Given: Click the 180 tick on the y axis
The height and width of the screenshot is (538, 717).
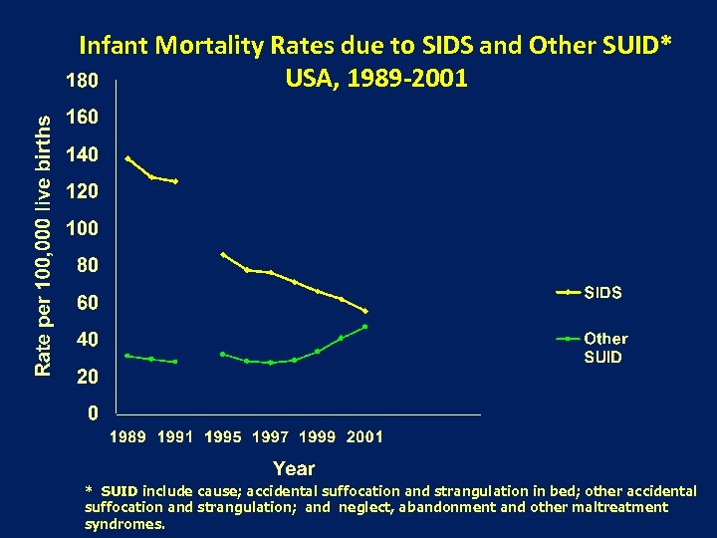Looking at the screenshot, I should (x=82, y=79).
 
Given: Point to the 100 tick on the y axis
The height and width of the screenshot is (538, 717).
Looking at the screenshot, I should (x=82, y=228).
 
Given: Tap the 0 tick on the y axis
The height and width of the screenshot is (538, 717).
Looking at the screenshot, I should (x=92, y=411).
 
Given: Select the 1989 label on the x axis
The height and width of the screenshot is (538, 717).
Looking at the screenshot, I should (x=127, y=436).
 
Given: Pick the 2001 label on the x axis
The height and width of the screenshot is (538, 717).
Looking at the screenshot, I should (x=363, y=436).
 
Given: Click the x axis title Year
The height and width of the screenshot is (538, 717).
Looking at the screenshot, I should (x=294, y=468).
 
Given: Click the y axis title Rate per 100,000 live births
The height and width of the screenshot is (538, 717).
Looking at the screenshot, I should (x=43, y=244).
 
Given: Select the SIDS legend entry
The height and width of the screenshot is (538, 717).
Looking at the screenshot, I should (x=601, y=293).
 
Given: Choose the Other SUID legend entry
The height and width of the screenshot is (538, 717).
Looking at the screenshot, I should (x=604, y=348).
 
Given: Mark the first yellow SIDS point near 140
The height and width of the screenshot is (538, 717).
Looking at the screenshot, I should (x=127, y=158).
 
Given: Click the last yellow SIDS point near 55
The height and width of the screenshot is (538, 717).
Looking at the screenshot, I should (x=365, y=311).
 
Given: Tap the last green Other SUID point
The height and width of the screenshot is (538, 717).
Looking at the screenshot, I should (x=365, y=327).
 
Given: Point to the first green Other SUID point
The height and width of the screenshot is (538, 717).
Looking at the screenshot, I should (x=127, y=356).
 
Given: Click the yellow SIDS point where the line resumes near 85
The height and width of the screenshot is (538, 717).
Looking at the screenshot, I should (x=223, y=254).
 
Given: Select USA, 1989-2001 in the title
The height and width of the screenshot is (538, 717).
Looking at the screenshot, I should (x=375, y=77).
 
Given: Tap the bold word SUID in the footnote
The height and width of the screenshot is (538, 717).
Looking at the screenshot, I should (x=119, y=491).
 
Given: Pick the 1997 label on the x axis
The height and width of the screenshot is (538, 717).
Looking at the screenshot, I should (x=270, y=436).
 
